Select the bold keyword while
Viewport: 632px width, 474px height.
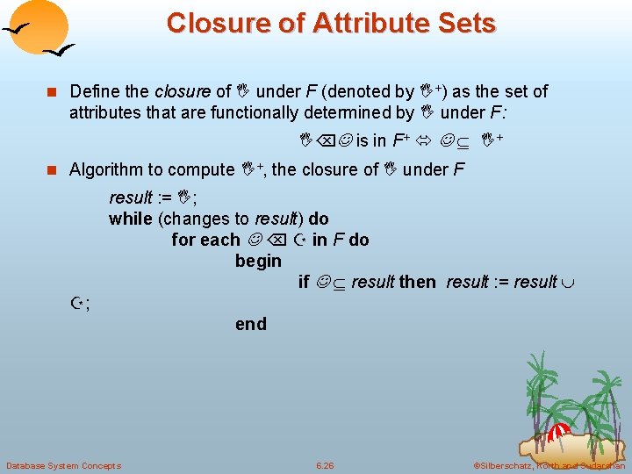(x=130, y=219)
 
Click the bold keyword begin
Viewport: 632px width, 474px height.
(x=258, y=261)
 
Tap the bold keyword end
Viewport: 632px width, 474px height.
(x=250, y=324)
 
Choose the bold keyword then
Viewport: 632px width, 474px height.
(x=417, y=282)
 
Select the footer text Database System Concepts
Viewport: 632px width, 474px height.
(x=63, y=465)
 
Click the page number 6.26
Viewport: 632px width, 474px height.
(x=327, y=465)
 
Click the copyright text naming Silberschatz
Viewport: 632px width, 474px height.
(x=548, y=465)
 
